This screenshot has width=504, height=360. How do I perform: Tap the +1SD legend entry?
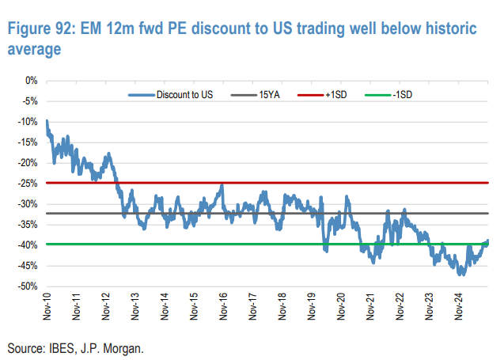(335, 95)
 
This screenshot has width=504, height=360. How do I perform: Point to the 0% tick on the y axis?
(32, 81)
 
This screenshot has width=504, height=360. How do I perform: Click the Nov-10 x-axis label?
(47, 306)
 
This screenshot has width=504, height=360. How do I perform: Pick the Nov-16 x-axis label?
(223, 306)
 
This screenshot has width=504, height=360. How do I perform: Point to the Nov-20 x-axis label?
(340, 306)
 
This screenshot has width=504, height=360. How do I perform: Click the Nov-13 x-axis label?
(135, 306)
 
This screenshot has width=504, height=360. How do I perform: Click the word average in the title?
(34, 49)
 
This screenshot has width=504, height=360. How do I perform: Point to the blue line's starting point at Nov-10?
(47, 121)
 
